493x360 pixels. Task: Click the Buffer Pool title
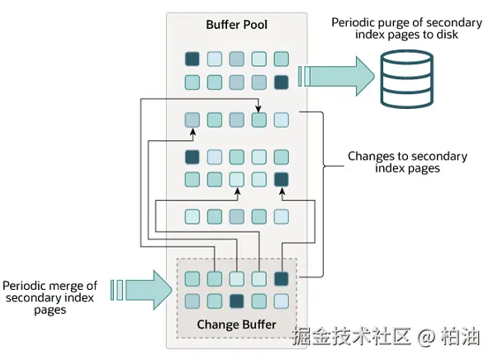click(236, 25)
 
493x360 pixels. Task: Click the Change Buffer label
click(236, 324)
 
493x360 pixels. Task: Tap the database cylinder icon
click(406, 78)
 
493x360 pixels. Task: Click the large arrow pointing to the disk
click(336, 76)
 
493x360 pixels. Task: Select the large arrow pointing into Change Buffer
click(141, 290)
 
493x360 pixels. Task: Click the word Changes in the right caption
click(367, 157)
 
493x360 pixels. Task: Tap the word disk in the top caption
click(447, 35)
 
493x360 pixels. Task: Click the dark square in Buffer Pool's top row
click(192, 59)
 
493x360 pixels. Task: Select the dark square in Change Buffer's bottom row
click(237, 301)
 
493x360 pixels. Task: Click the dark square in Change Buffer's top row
click(282, 278)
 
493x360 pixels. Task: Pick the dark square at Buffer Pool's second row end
click(282, 82)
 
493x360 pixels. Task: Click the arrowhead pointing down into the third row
click(258, 109)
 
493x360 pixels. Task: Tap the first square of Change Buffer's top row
click(192, 278)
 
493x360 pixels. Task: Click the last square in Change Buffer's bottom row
click(282, 301)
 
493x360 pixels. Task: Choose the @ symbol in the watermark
click(426, 336)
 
